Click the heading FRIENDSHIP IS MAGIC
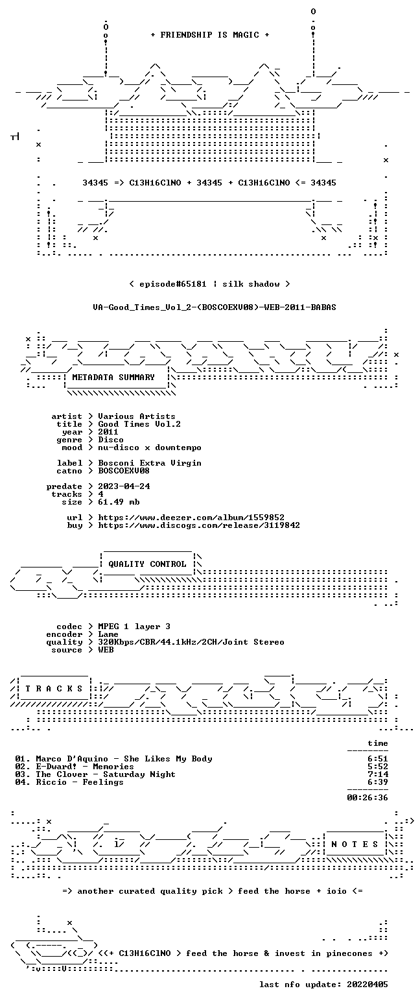pos(210,35)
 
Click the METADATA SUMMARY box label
pos(113,377)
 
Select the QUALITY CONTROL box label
pos(147,564)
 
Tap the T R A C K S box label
pos(54,688)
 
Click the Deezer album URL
pos(191,518)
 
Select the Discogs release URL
pos(199,525)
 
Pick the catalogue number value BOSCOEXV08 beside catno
pos(124,471)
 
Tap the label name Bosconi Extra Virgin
pos(150,463)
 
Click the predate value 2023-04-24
pos(124,486)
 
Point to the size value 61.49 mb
pos(119,502)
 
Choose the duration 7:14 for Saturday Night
pos(378,774)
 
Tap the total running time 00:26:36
pos(367,797)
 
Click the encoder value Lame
pos(108,634)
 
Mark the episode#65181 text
pos(173,284)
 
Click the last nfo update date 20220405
pos(367,985)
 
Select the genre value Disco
pos(111,440)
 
